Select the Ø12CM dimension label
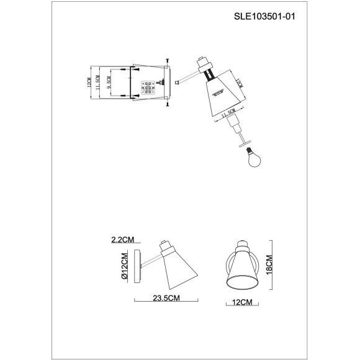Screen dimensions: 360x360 tap(124, 266)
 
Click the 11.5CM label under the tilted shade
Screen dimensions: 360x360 tap(227, 114)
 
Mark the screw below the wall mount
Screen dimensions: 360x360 tap(167, 104)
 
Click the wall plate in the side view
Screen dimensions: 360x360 tap(142, 266)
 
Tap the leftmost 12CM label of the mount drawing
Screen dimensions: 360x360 tap(89, 81)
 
